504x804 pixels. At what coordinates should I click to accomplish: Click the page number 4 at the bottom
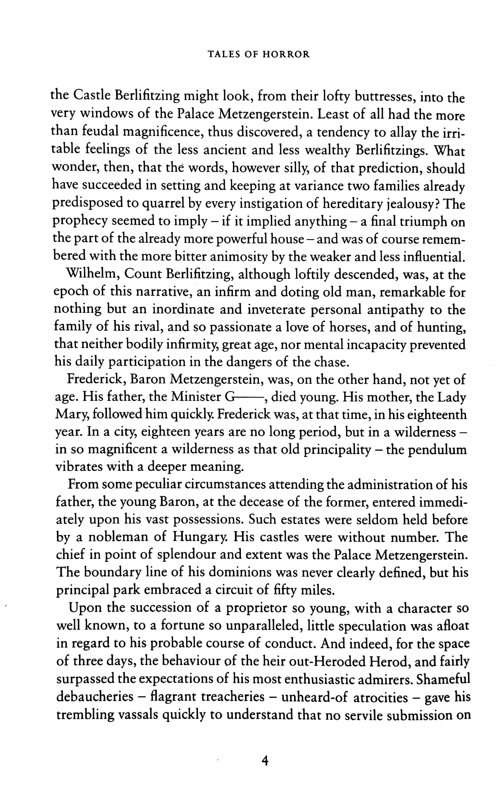click(x=265, y=761)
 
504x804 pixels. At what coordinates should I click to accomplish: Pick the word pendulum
click(x=438, y=450)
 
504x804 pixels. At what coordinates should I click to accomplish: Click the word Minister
click(x=196, y=397)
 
